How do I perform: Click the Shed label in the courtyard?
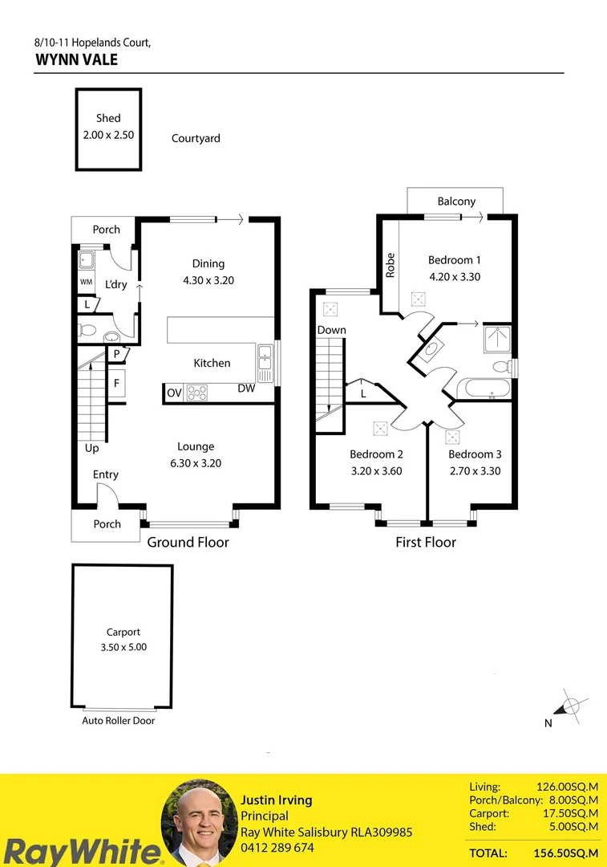click(x=108, y=118)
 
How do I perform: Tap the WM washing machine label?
click(x=86, y=283)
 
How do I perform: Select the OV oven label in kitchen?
click(x=174, y=393)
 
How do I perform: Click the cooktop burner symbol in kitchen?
click(x=197, y=393)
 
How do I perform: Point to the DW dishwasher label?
click(x=246, y=389)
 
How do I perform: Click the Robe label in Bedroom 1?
click(x=391, y=266)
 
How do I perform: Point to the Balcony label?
click(x=456, y=201)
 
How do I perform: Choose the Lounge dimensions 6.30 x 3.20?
click(x=196, y=463)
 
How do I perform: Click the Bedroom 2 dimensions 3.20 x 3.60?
click(x=376, y=471)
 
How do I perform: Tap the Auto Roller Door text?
click(x=119, y=721)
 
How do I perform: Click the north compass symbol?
click(x=570, y=706)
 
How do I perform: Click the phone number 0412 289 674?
click(x=277, y=848)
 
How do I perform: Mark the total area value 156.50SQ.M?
click(x=565, y=853)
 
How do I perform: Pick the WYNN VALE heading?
click(x=77, y=59)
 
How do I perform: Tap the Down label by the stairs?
click(x=331, y=330)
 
